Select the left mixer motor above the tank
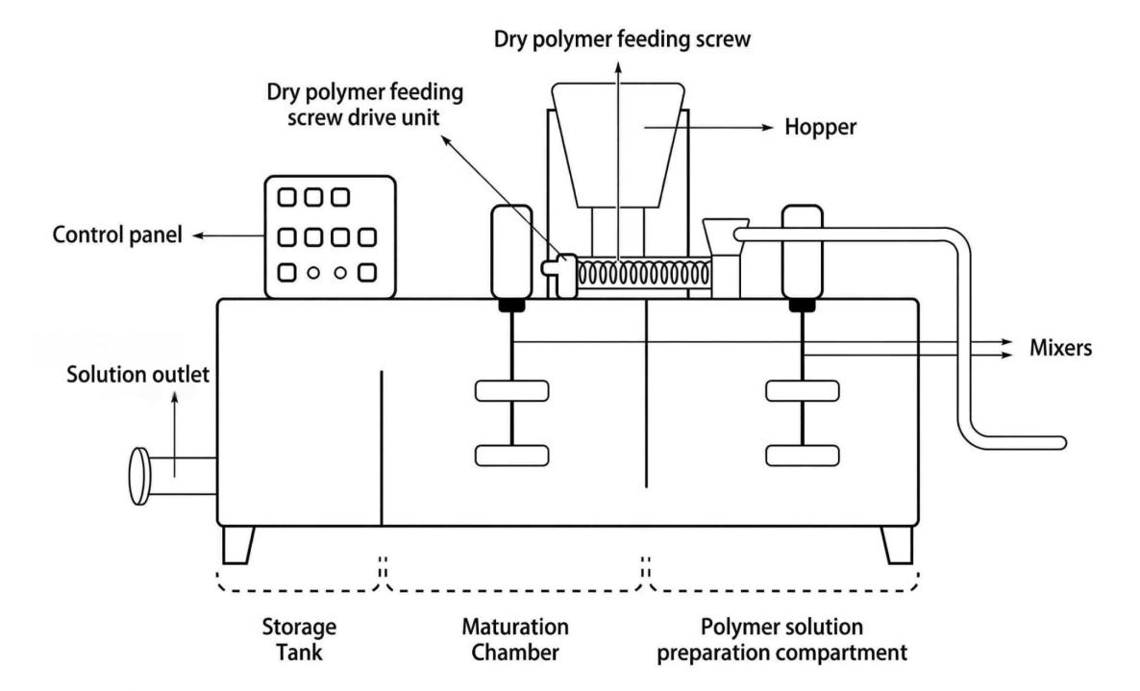point(509,251)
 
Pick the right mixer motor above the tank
point(801,251)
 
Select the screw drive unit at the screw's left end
point(560,277)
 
